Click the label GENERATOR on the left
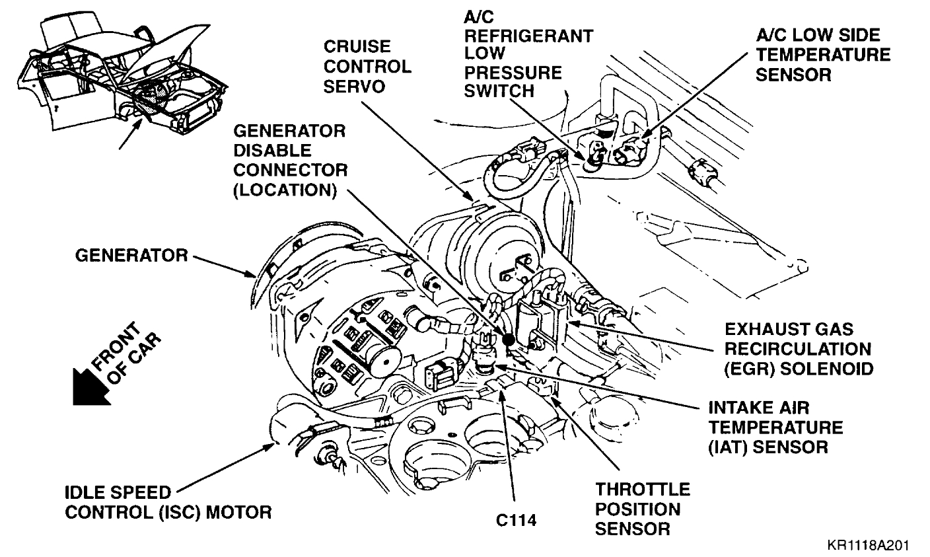pos(131,255)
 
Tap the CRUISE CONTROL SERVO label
pos(367,67)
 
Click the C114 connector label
pos(516,520)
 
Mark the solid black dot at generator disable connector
pos(508,340)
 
